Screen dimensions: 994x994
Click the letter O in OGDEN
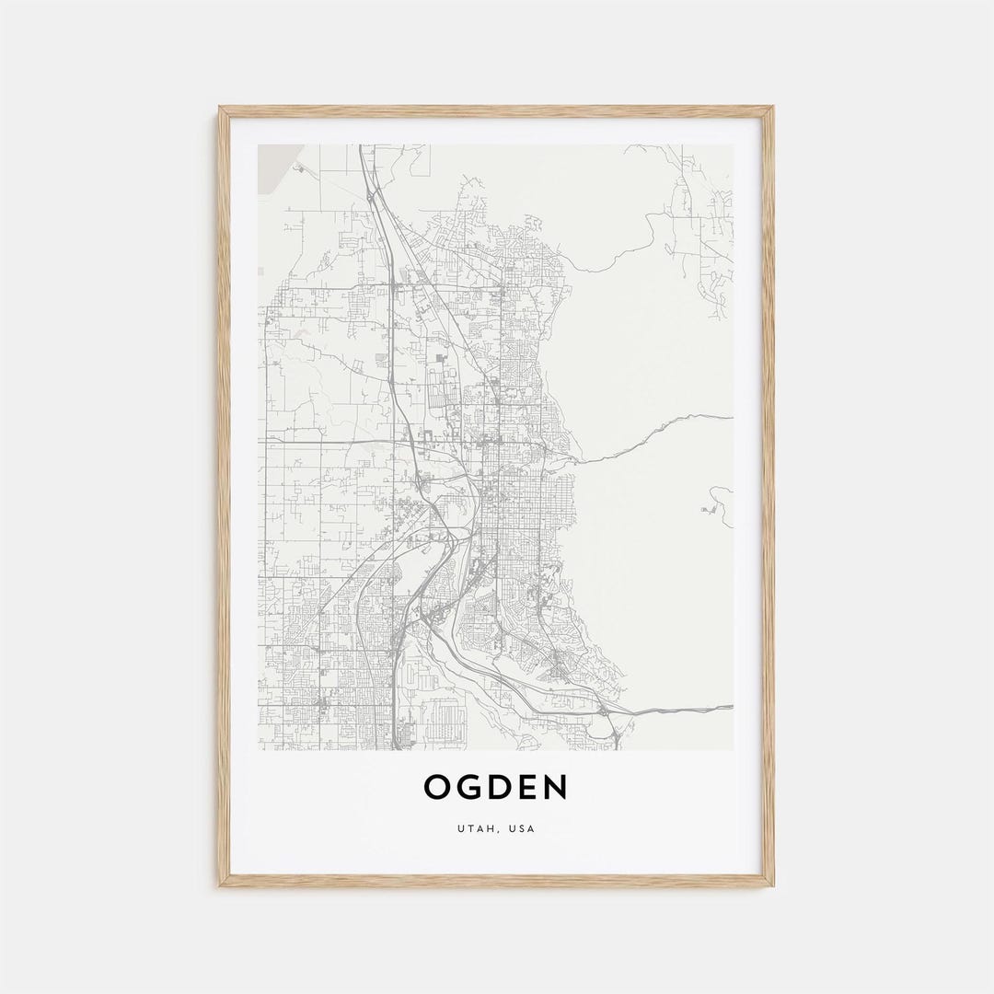pos(437,788)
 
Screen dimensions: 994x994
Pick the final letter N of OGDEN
pos(556,788)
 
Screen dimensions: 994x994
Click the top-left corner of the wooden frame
pos(220,108)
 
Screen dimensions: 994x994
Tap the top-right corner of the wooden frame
pos(772,108)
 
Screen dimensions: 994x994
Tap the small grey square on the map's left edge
pos(260,272)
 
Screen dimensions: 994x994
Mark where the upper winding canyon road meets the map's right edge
pos(732,417)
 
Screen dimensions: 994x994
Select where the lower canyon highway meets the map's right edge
pos(732,707)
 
